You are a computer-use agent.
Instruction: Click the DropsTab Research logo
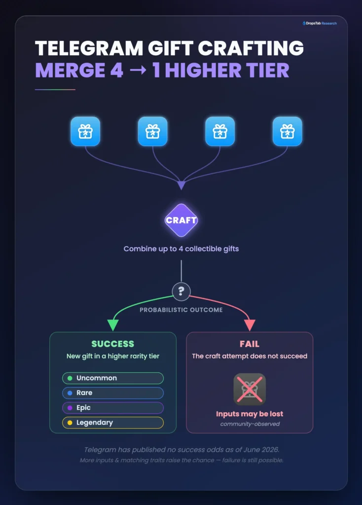point(320,23)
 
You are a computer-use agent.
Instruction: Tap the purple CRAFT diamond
point(181,220)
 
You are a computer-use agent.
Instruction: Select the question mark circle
point(181,291)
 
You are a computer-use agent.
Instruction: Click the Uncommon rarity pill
point(113,378)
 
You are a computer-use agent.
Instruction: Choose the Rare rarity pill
point(113,393)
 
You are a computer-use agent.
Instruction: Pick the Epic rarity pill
point(113,408)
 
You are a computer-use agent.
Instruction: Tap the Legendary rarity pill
point(113,423)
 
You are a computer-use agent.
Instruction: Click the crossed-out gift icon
point(250,389)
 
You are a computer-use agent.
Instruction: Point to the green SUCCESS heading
point(113,344)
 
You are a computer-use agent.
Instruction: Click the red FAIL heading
point(250,344)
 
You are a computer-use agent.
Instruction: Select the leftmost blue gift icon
point(85,131)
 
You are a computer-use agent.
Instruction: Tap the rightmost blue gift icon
point(287,131)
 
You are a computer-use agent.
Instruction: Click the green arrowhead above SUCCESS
point(113,325)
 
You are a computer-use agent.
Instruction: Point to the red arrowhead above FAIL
point(250,325)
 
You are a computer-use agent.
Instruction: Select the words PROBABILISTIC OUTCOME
point(181,310)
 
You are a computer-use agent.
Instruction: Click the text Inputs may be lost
point(250,414)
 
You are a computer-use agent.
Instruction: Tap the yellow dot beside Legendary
point(70,423)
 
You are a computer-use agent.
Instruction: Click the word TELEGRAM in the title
point(89,48)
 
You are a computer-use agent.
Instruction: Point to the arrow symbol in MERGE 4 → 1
point(138,70)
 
